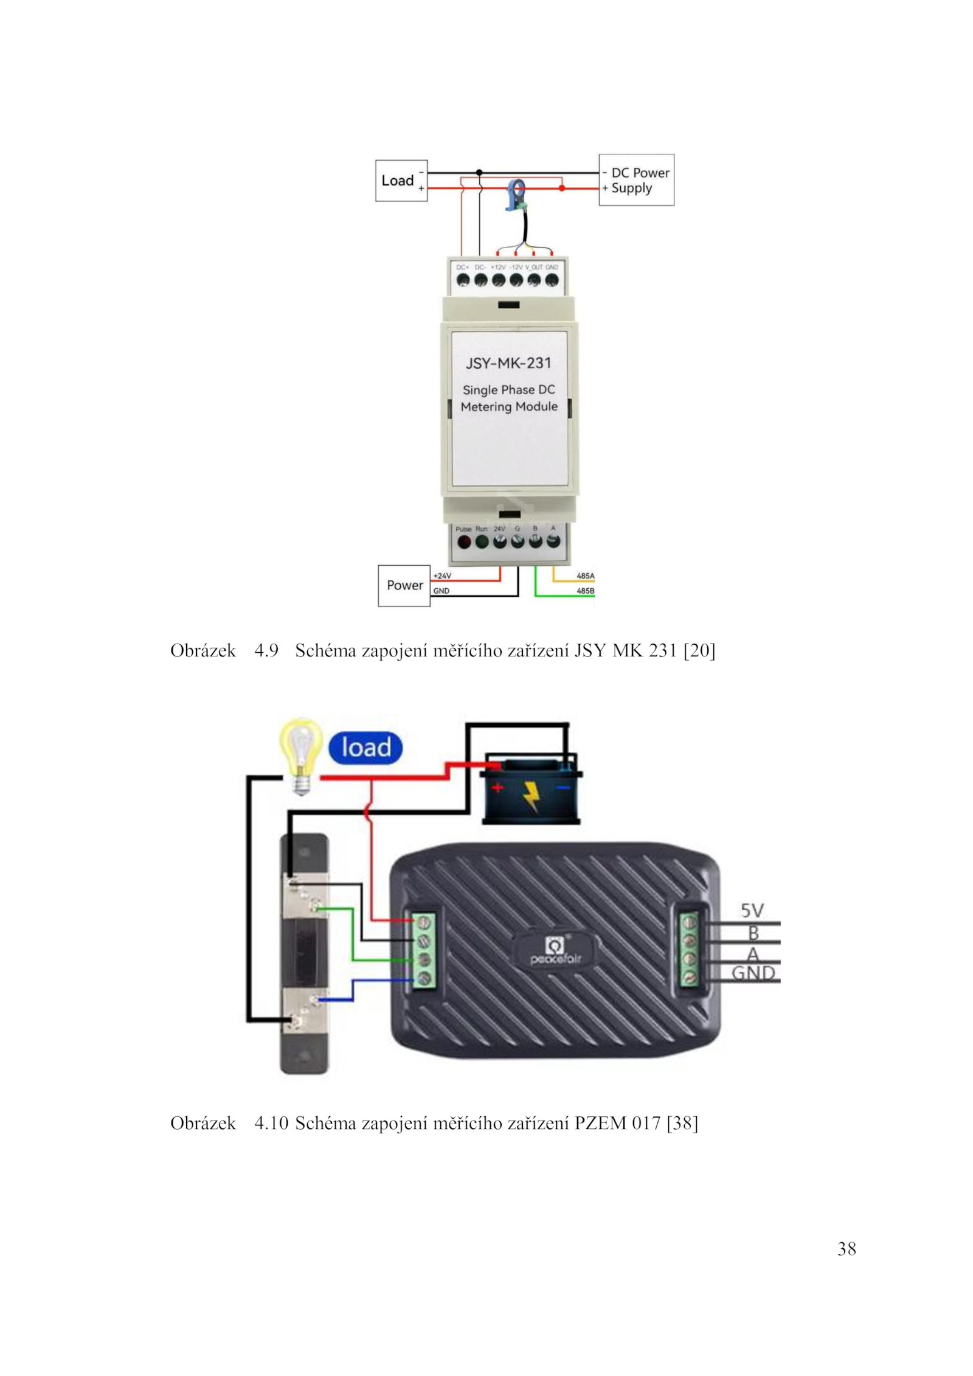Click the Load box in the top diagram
click(401, 181)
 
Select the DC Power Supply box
click(636, 180)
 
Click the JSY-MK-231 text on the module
click(508, 363)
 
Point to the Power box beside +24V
click(404, 585)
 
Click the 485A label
click(585, 575)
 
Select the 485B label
click(585, 591)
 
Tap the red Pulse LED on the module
click(463, 543)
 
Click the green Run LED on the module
click(482, 543)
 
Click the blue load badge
click(365, 748)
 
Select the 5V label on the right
click(752, 911)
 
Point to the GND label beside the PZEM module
click(753, 973)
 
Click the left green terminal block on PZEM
click(424, 951)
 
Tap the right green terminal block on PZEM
click(690, 951)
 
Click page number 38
click(847, 1249)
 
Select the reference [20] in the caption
click(699, 651)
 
